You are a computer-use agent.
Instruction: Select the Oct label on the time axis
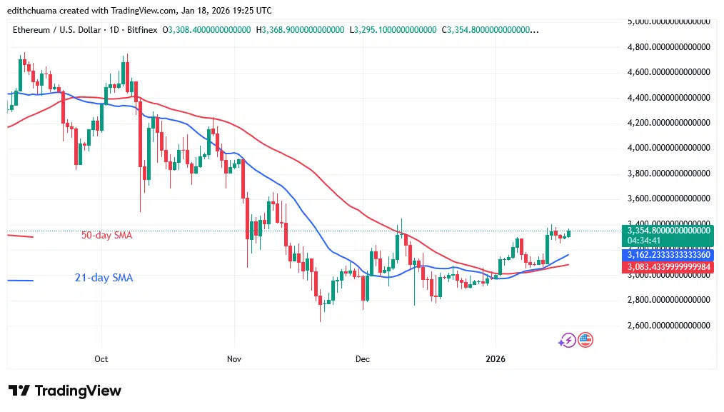click(x=101, y=358)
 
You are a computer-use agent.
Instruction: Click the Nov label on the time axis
click(x=232, y=358)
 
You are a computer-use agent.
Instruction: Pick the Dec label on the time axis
click(x=363, y=358)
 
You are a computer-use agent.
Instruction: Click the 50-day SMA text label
click(x=107, y=235)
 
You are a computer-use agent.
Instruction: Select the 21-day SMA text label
click(x=104, y=278)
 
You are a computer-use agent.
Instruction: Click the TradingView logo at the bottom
click(x=65, y=391)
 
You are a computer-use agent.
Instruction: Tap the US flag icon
click(x=585, y=340)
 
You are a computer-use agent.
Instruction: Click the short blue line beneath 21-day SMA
click(x=19, y=281)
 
